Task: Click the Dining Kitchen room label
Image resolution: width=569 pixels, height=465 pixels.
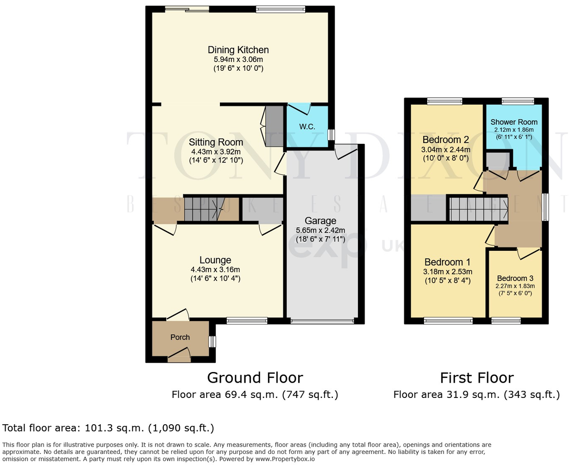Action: tap(238, 50)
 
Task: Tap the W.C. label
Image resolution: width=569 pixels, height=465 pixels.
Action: tap(307, 126)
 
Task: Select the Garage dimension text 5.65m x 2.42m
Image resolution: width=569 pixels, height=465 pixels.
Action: tap(320, 230)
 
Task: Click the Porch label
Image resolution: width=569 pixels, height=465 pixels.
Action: tap(180, 337)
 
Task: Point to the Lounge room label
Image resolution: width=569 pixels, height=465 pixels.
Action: tap(215, 260)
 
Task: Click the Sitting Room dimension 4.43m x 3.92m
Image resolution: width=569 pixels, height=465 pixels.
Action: tap(216, 152)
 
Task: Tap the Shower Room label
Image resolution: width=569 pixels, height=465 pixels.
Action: tap(514, 122)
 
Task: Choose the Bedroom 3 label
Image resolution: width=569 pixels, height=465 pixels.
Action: tap(515, 278)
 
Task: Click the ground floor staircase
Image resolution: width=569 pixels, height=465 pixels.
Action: tap(204, 209)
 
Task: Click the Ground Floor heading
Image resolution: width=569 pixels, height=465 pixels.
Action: tap(255, 378)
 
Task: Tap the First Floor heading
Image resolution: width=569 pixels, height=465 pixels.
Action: tap(476, 378)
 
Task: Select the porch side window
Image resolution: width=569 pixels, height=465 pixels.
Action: tap(212, 341)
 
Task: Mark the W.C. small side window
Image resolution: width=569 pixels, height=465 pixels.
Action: tap(331, 134)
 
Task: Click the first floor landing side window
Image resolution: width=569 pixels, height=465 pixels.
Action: tap(545, 207)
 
